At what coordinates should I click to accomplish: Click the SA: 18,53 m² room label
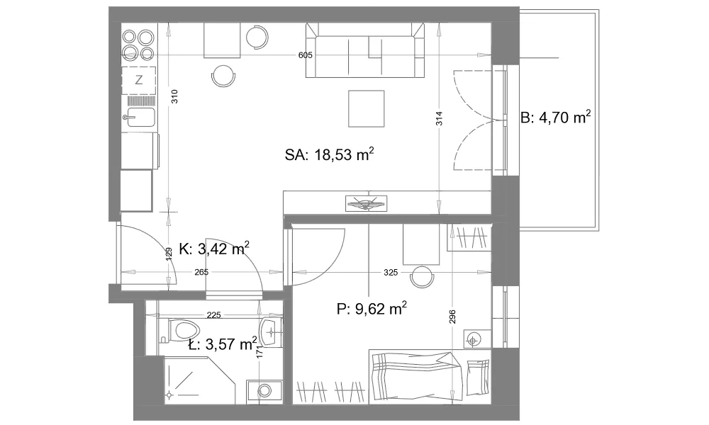(329, 154)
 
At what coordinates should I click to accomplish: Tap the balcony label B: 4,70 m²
(556, 118)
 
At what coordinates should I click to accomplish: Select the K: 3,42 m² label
(214, 249)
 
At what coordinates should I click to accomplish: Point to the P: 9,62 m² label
(372, 309)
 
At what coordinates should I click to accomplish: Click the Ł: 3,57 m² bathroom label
(223, 344)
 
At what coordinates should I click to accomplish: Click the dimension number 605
(305, 55)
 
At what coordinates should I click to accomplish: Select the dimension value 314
(439, 118)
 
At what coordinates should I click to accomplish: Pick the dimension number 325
(390, 272)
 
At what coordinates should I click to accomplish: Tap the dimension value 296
(452, 317)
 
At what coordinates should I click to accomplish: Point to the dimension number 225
(213, 314)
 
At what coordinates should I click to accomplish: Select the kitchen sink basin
(140, 118)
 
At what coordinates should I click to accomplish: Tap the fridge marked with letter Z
(139, 80)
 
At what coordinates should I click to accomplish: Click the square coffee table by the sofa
(367, 108)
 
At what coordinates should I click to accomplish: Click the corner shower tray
(200, 380)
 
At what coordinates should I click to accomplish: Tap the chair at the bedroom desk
(421, 276)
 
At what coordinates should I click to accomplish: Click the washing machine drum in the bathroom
(264, 390)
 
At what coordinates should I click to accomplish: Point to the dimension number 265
(201, 272)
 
